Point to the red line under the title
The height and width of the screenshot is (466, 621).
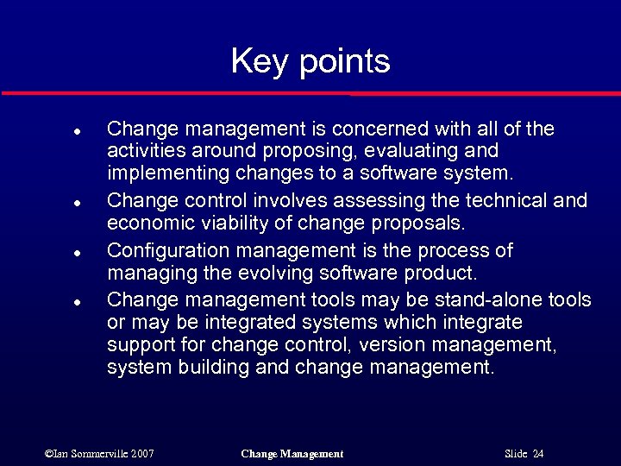click(310, 93)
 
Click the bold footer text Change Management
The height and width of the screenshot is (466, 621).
click(292, 454)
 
